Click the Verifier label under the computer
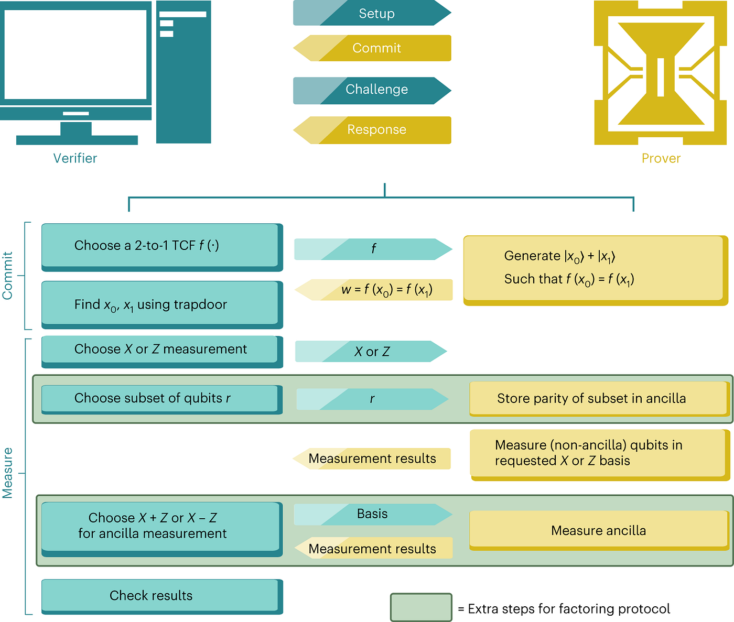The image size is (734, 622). click(x=75, y=158)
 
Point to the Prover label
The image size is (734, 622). click(x=661, y=158)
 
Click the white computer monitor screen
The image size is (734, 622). click(x=75, y=53)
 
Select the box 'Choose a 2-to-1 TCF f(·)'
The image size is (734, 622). click(x=160, y=246)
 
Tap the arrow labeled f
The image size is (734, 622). click(x=373, y=249)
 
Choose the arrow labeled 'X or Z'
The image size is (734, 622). click(x=372, y=352)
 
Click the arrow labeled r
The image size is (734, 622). click(x=372, y=399)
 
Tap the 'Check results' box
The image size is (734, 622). click(x=160, y=595)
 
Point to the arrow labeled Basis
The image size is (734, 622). click(x=372, y=514)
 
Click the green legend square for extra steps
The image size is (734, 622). click(x=420, y=607)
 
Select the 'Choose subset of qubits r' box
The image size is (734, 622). click(x=160, y=398)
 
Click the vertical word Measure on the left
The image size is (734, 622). click(x=7, y=473)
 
